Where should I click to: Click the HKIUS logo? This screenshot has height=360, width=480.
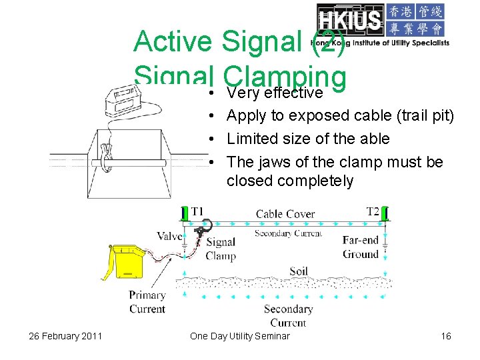tap(383, 25)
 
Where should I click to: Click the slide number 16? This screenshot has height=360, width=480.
tap(446, 336)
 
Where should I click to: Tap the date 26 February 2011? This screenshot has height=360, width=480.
tap(65, 336)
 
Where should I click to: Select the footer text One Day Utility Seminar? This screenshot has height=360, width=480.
tap(240, 336)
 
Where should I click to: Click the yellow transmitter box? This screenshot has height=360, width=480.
tap(127, 261)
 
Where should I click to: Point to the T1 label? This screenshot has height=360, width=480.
tap(197, 211)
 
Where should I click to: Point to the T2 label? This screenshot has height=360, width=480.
tap(373, 211)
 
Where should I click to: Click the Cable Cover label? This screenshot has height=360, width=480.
tap(285, 214)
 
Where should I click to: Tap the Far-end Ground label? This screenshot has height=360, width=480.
tap(361, 247)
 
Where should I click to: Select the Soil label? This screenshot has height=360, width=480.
tap(299, 271)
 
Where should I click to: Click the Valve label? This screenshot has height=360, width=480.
tap(169, 236)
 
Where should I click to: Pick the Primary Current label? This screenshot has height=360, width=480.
tap(147, 302)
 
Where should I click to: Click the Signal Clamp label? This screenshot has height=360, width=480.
tap(221, 249)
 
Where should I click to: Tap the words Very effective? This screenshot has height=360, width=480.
tap(275, 92)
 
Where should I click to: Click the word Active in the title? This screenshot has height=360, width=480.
tap(173, 41)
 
